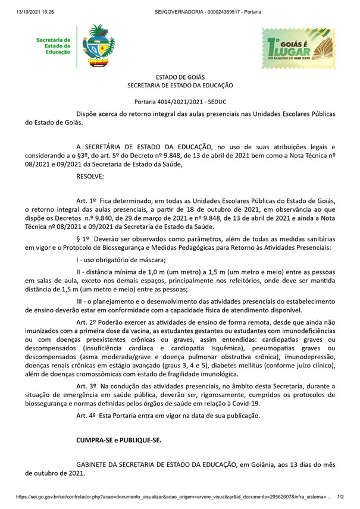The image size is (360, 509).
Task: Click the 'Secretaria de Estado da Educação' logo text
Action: click(x=54, y=46)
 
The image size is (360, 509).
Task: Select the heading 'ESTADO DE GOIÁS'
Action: click(x=180, y=77)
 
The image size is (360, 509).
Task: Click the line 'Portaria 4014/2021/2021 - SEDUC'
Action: click(x=180, y=102)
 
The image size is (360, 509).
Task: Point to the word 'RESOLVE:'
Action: click(x=90, y=177)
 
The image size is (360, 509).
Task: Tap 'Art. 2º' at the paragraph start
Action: click(x=87, y=321)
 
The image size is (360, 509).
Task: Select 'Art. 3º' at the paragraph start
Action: click(x=87, y=387)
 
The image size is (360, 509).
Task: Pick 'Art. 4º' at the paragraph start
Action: click(x=87, y=416)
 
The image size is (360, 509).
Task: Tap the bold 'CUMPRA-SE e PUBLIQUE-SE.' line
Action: click(x=118, y=441)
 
